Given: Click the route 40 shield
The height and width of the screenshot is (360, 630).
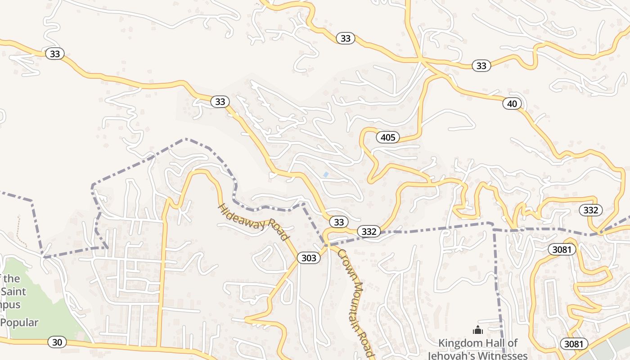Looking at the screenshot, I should [512, 104].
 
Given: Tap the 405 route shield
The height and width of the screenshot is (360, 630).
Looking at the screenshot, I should [387, 137].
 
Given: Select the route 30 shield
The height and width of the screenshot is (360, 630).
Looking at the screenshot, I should [57, 342].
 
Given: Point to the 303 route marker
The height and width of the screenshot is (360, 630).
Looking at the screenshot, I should [309, 258].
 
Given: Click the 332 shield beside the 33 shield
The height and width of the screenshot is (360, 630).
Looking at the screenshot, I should [369, 232].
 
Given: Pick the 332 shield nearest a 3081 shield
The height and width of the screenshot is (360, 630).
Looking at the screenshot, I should [590, 210].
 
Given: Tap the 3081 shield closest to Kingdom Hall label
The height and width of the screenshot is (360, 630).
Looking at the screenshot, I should [574, 344].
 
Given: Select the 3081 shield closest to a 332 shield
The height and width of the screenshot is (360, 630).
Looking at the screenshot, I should [562, 249].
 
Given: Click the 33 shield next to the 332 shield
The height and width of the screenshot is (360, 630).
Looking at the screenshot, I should [339, 222].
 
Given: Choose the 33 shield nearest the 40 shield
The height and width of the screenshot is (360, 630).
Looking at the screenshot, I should [481, 66].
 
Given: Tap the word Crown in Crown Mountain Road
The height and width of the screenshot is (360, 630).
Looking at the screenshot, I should [347, 261].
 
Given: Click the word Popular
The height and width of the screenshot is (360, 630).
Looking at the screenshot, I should [19, 323].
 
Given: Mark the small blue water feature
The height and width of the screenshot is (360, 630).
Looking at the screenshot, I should [325, 174].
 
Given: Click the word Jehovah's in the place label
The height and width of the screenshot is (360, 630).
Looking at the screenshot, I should [452, 355].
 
